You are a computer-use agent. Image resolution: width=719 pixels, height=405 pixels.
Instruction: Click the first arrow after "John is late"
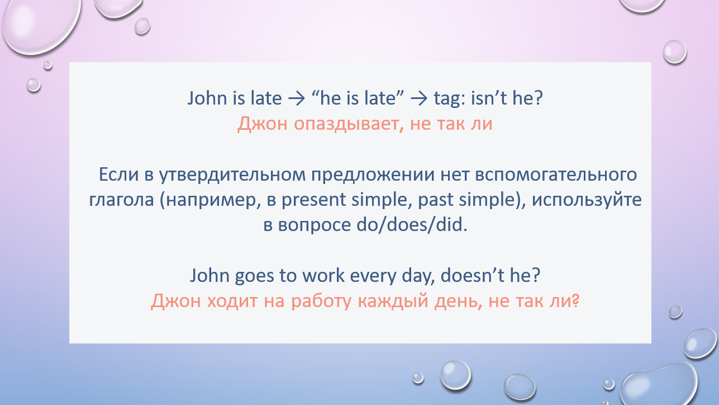pyautogui.click(x=297, y=98)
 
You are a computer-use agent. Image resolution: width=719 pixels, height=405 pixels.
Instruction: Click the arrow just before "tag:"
pyautogui.click(x=419, y=98)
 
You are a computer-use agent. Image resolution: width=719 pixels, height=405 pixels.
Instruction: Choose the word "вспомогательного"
pyautogui.click(x=556, y=175)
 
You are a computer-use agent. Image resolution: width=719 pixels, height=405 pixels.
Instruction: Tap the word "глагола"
pyautogui.click(x=121, y=200)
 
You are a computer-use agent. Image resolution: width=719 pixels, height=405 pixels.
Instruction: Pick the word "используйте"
pyautogui.click(x=587, y=200)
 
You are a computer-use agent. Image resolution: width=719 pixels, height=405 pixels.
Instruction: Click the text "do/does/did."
pyautogui.click(x=412, y=224)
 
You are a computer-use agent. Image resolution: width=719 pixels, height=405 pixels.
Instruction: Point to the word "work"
pyautogui.click(x=323, y=275)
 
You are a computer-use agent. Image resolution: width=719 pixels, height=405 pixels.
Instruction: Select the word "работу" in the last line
pyautogui.click(x=321, y=302)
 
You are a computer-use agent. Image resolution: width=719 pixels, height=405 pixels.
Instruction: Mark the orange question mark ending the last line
pyautogui.click(x=576, y=300)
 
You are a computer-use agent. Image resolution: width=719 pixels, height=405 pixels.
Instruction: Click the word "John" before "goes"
pyautogui.click(x=209, y=276)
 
